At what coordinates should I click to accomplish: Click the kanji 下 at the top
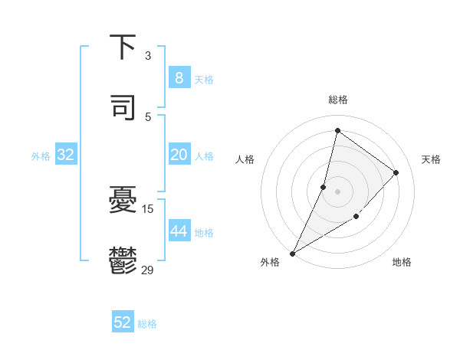[x=123, y=47]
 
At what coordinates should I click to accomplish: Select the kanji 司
[x=123, y=107]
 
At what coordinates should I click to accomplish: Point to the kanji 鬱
[x=123, y=260]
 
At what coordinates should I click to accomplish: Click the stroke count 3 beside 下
[x=148, y=56]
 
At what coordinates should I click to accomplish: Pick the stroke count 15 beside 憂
[x=148, y=208]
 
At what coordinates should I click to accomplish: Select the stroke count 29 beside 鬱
[x=148, y=269]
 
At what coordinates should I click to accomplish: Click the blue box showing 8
[x=179, y=78]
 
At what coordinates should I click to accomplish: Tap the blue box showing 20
[x=179, y=155]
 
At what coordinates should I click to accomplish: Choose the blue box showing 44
[x=179, y=231]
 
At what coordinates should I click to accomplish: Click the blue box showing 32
[x=66, y=155]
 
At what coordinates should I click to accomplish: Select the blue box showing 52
[x=123, y=322]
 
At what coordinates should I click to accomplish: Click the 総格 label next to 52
[x=147, y=324]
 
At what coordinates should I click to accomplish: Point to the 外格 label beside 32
[x=41, y=156]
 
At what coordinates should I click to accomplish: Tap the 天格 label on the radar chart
[x=431, y=159]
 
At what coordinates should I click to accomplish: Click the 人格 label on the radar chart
[x=245, y=159]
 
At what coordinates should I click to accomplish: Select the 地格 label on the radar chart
[x=402, y=262]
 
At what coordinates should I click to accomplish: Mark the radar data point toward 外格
[x=292, y=253]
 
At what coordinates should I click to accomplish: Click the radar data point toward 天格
[x=396, y=172]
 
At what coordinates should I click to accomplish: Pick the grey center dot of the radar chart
[x=337, y=191]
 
